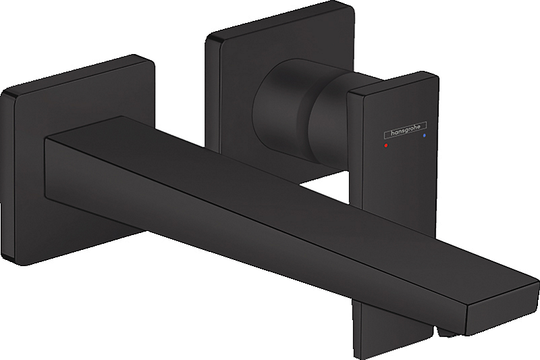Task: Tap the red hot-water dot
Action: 385,145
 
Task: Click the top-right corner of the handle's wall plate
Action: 351,8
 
